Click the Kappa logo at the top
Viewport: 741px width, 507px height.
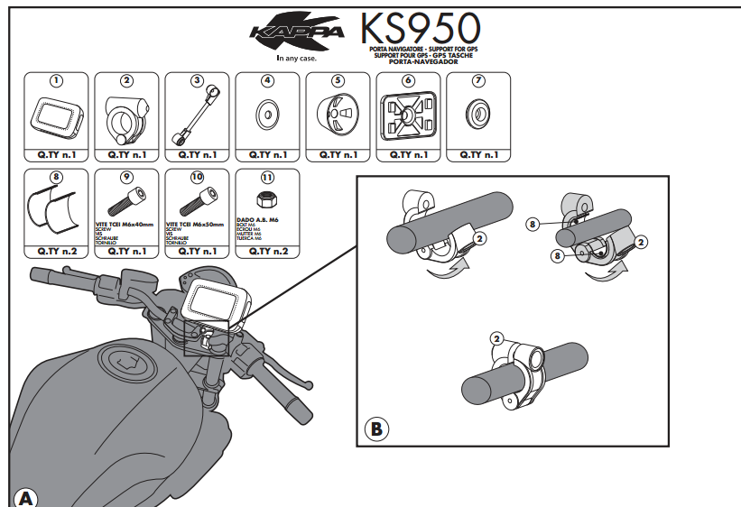(298, 35)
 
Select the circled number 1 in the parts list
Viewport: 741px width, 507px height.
(56, 80)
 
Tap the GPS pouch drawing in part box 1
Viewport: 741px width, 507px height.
(56, 115)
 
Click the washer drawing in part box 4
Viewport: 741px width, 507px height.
(267, 115)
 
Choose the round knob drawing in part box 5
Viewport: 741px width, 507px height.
(337, 116)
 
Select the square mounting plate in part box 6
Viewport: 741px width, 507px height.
(407, 116)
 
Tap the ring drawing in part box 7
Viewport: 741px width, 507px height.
(477, 115)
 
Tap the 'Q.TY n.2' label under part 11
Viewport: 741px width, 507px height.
(267, 251)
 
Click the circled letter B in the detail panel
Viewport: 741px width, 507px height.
(375, 428)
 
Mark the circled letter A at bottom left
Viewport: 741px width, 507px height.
(26, 497)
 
